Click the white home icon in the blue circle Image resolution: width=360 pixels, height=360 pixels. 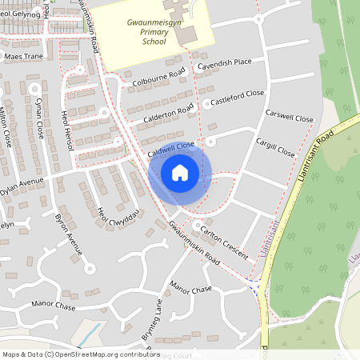click(180, 172)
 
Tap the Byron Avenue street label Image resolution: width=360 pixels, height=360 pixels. click(69, 234)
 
